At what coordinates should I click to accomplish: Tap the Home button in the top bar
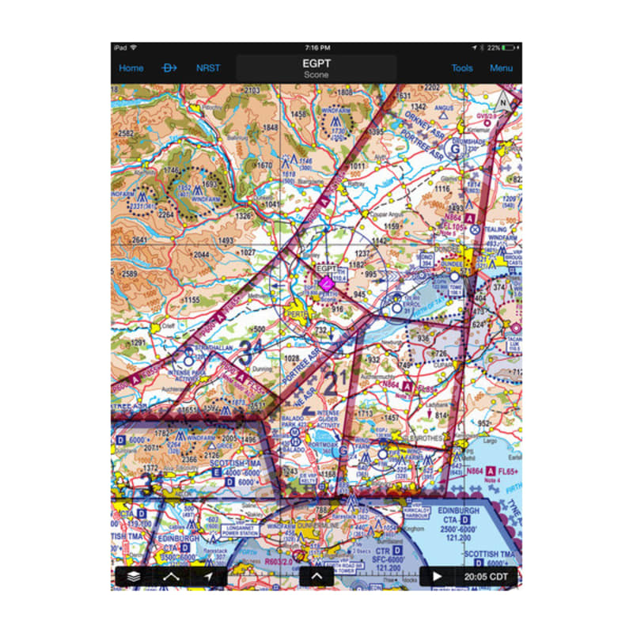pyautogui.click(x=131, y=68)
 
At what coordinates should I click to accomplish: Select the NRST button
pyautogui.click(x=208, y=68)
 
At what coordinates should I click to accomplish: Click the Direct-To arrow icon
pyautogui.click(x=169, y=68)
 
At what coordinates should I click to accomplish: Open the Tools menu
pyautogui.click(x=462, y=68)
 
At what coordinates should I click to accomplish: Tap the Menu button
pyautogui.click(x=501, y=68)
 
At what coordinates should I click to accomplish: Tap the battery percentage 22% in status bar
pyautogui.click(x=493, y=48)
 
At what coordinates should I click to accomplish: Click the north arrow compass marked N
pyautogui.click(x=502, y=102)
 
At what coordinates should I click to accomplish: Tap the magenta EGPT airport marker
pyautogui.click(x=325, y=281)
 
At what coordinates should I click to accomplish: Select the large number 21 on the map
pyautogui.click(x=336, y=381)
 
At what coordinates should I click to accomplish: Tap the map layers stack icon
pyautogui.click(x=134, y=577)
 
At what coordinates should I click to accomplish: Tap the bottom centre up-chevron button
pyautogui.click(x=316, y=577)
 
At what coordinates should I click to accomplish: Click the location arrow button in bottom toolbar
pyautogui.click(x=208, y=577)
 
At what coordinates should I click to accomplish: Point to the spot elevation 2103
pyautogui.click(x=252, y=91)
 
